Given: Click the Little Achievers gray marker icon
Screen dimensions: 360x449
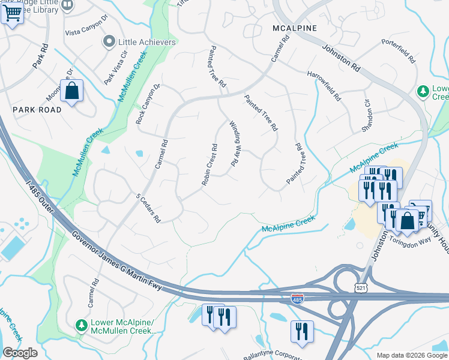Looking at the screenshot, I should [x=109, y=42].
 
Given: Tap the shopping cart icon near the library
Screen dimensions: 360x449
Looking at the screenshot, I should [x=12, y=13].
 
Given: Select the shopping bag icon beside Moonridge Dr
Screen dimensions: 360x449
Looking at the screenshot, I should [x=71, y=92].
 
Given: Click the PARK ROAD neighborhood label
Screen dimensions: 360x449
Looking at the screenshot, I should [x=37, y=110].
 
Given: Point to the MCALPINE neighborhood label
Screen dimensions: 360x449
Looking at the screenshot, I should [x=294, y=28].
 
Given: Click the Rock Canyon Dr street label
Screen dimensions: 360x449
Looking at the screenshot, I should [x=149, y=104].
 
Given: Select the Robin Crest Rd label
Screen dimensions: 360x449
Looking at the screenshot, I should [x=209, y=164].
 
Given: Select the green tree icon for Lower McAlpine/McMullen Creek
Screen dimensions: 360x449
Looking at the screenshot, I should [x=81, y=325].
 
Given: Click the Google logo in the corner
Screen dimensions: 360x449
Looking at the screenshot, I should [x=20, y=353].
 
